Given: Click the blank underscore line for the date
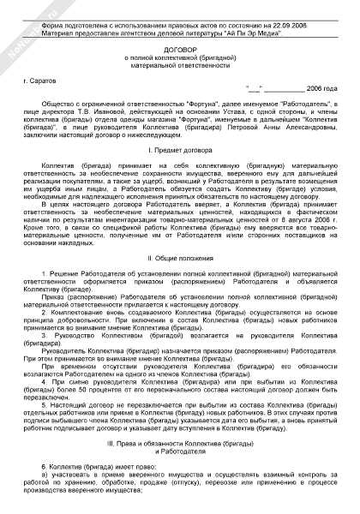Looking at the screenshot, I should point(279,89).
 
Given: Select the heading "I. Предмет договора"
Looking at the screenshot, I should point(179,151).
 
